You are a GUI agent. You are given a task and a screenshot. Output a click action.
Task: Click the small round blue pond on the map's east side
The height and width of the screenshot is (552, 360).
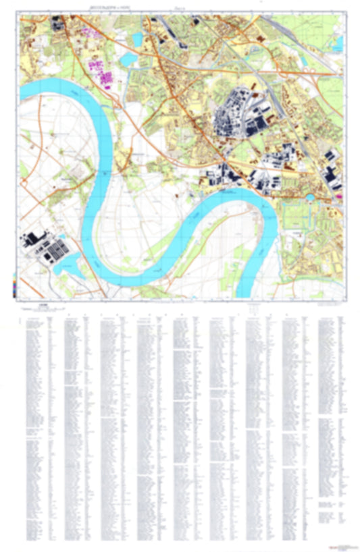[310, 198]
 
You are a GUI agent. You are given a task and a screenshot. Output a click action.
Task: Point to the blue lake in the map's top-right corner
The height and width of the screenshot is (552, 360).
[336, 44]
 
